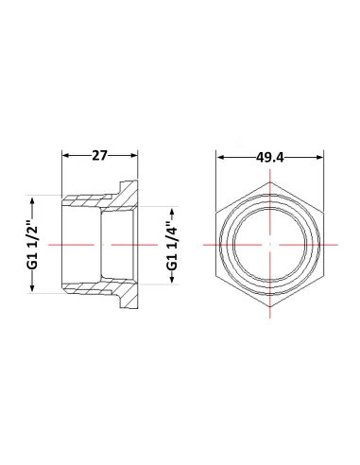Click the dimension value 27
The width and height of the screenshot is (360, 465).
[99, 156]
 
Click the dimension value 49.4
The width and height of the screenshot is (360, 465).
[270, 157]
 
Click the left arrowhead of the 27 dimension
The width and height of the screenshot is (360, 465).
[65, 155]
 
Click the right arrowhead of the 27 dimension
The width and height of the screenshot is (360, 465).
[134, 155]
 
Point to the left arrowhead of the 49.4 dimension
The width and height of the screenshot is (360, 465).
[219, 157]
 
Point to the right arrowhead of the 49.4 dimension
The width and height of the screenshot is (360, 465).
[320, 157]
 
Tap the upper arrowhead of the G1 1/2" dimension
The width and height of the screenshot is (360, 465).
[32, 199]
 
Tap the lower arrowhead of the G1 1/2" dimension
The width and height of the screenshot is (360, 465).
[32, 289]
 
